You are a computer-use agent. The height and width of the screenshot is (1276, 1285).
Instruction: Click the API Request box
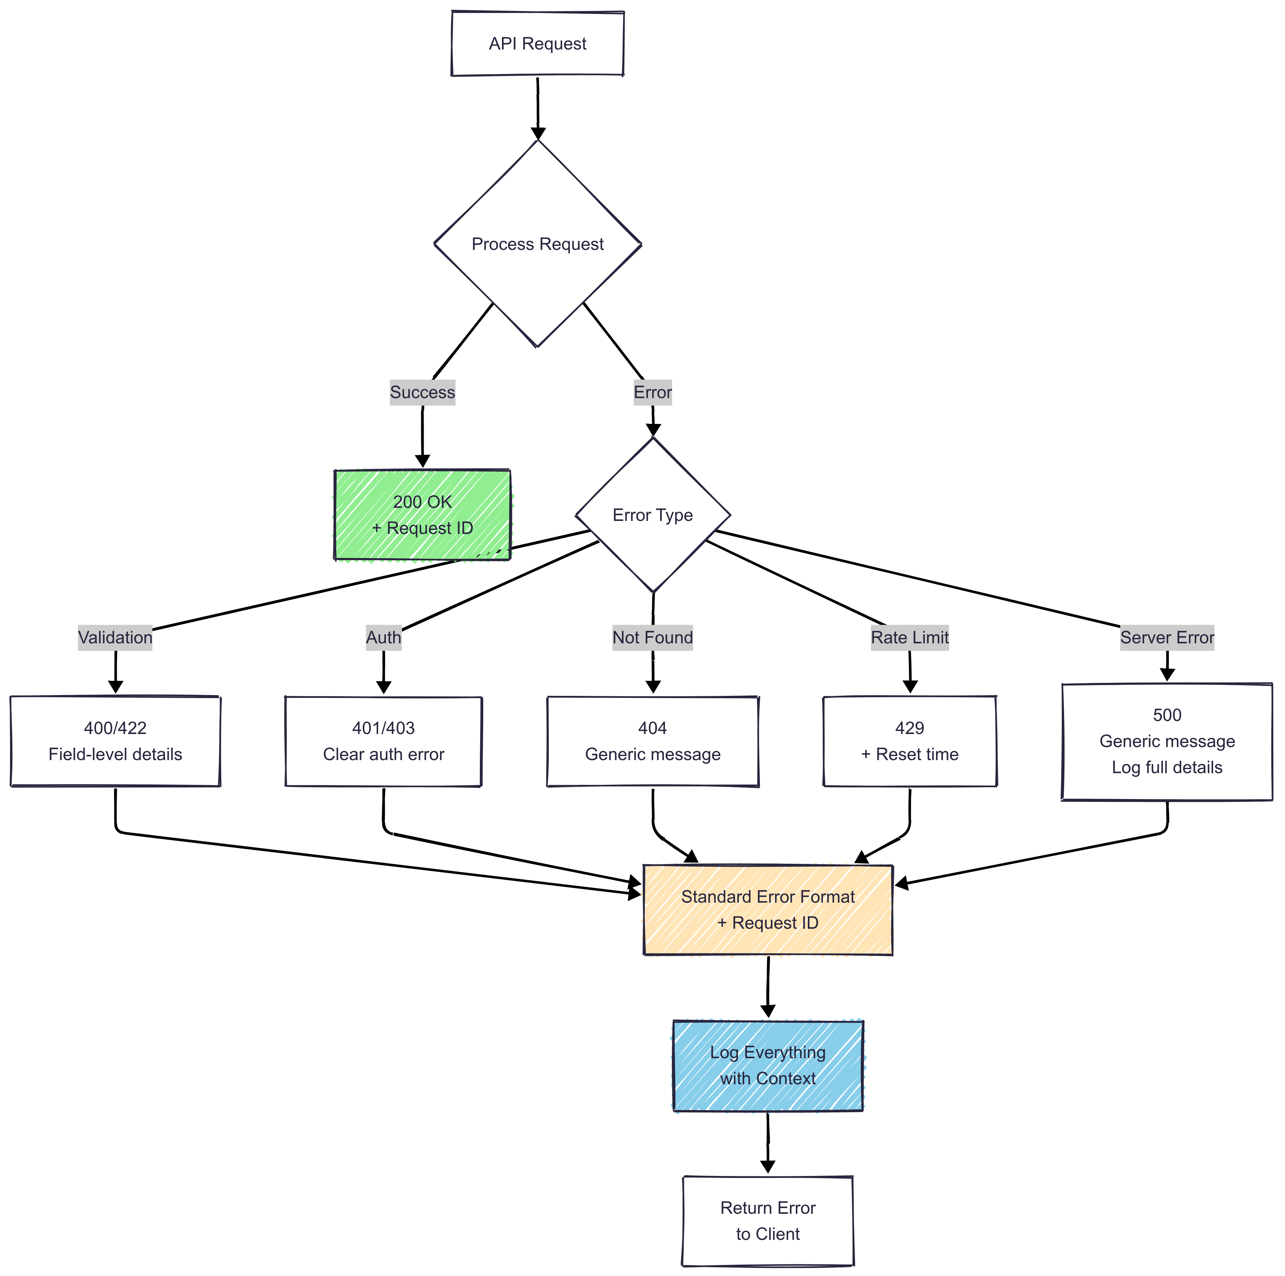pyautogui.click(x=537, y=44)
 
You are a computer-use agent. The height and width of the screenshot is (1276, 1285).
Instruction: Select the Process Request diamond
pyautogui.click(x=537, y=244)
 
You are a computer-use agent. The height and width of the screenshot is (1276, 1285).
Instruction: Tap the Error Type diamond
pyautogui.click(x=653, y=515)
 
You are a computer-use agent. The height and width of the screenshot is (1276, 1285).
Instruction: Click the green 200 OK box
pyautogui.click(x=422, y=515)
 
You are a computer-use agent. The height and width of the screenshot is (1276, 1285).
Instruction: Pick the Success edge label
pyautogui.click(x=422, y=392)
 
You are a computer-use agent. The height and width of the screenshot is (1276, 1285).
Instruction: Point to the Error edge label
pyautogui.click(x=653, y=392)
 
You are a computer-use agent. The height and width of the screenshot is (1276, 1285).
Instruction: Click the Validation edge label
pyautogui.click(x=115, y=638)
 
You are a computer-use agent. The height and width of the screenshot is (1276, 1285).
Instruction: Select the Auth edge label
pyautogui.click(x=384, y=638)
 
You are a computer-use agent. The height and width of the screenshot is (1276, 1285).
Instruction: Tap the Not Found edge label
pyautogui.click(x=653, y=638)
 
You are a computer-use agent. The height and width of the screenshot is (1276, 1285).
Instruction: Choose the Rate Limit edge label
pyautogui.click(x=910, y=638)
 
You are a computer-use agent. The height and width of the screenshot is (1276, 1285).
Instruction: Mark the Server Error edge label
pyautogui.click(x=1167, y=638)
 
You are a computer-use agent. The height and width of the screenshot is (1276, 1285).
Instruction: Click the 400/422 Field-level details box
pyautogui.click(x=115, y=741)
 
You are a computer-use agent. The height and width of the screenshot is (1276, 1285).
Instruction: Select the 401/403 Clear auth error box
pyautogui.click(x=384, y=741)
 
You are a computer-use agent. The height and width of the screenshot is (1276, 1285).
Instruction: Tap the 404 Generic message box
pyautogui.click(x=653, y=741)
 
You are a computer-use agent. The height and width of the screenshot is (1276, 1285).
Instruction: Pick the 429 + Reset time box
pyautogui.click(x=910, y=741)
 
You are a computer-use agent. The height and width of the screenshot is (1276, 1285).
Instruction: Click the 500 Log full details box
pyautogui.click(x=1167, y=741)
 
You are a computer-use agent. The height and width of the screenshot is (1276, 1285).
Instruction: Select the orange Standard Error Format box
pyautogui.click(x=768, y=910)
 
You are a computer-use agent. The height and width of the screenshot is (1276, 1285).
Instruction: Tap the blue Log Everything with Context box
pyautogui.click(x=768, y=1065)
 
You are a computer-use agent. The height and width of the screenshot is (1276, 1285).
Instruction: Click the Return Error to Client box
pyautogui.click(x=768, y=1221)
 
